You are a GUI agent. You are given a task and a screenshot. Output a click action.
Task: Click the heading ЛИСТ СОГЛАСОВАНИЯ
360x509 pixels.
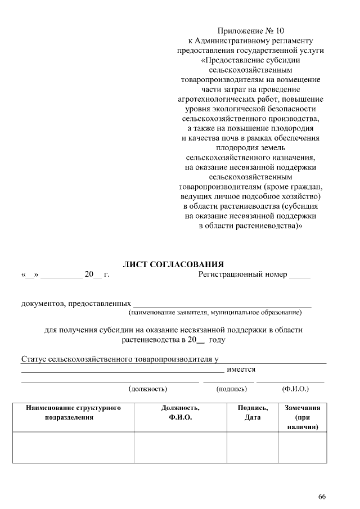pyautogui.click(x=173, y=264)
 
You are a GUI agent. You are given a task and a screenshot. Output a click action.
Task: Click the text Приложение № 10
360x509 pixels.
pyautogui.click(x=250, y=30)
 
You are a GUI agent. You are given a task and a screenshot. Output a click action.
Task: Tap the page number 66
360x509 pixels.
pyautogui.click(x=322, y=496)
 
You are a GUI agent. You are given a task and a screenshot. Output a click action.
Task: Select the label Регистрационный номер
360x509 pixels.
pyautogui.click(x=242, y=274)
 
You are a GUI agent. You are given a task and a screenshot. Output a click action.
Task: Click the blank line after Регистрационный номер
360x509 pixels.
pyautogui.click(x=300, y=276)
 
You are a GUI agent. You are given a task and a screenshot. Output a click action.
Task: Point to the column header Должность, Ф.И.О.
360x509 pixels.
pyautogui.click(x=180, y=412)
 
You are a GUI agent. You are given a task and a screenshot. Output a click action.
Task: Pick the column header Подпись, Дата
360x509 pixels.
pyautogui.click(x=253, y=412)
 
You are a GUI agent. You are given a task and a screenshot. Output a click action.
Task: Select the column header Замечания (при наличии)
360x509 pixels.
pyautogui.click(x=303, y=417)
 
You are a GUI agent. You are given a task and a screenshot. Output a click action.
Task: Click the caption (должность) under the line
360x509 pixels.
pyautogui.click(x=148, y=388)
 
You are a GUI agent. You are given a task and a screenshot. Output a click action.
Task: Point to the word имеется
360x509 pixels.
pyautogui.click(x=241, y=370)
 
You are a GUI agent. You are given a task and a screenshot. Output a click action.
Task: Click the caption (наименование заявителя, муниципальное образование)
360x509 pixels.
pyautogui.click(x=219, y=312)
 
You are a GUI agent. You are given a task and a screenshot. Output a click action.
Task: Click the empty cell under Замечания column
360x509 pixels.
pyautogui.click(x=303, y=447)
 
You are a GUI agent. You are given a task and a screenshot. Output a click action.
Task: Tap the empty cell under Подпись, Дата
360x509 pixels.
pyautogui.click(x=253, y=447)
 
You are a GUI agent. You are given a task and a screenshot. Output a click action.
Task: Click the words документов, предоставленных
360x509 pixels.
pyautogui.click(x=76, y=304)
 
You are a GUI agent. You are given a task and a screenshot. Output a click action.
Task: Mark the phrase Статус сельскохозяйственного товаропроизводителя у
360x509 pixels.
pyautogui.click(x=119, y=358)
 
